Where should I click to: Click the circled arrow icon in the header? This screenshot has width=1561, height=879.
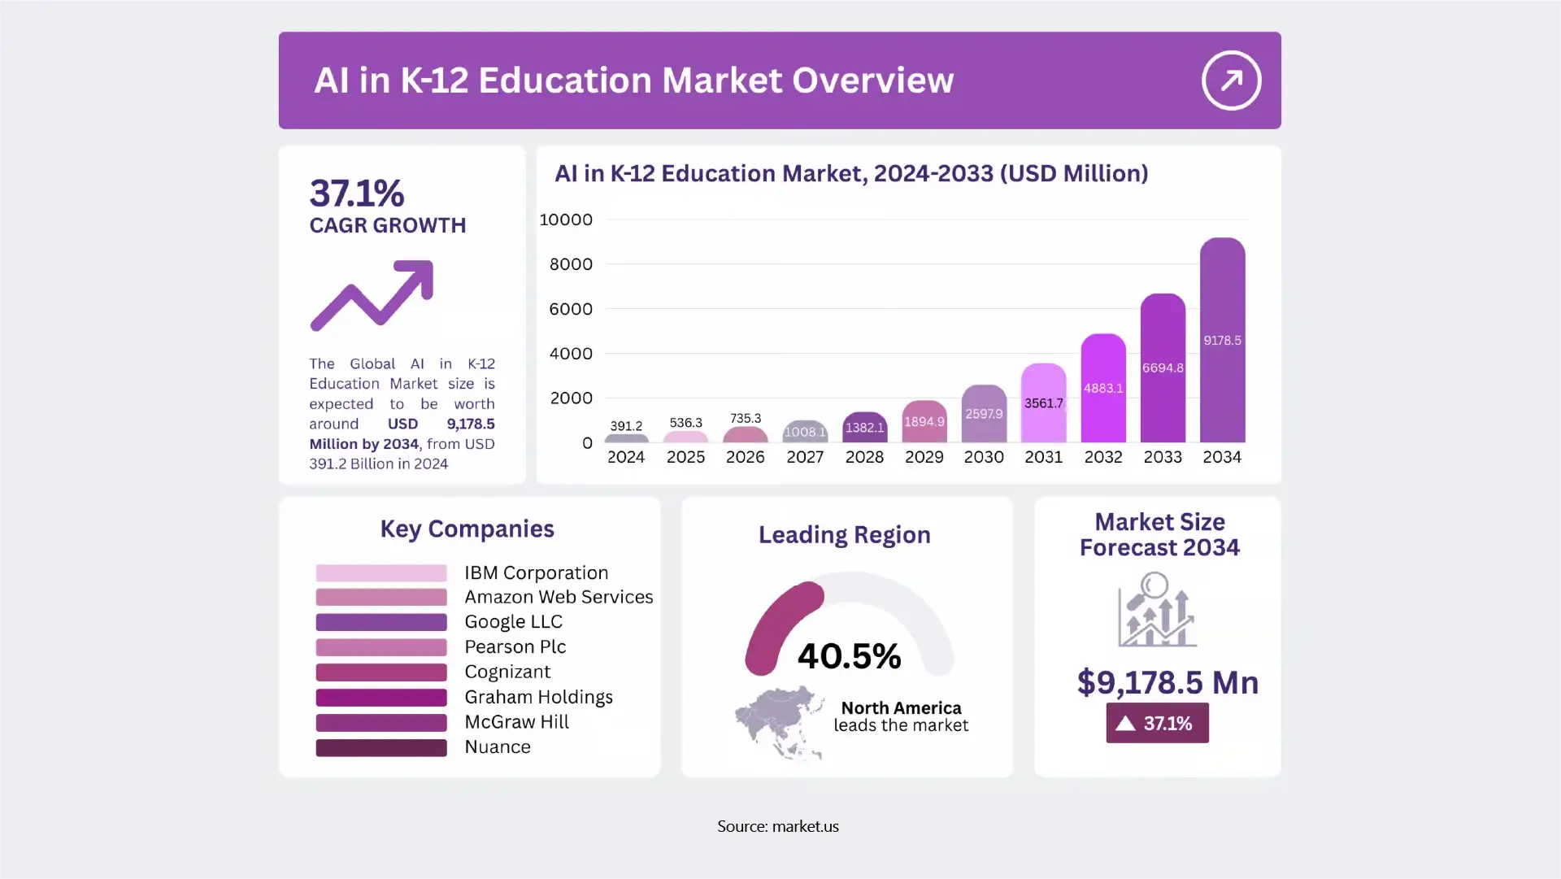1231,81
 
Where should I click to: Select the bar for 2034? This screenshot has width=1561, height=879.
1222,342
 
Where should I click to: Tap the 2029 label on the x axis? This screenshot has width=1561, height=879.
924,457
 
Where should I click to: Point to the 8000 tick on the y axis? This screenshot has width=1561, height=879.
571,264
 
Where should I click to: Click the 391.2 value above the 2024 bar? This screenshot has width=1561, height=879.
626,426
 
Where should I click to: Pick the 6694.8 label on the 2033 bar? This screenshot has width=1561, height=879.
1163,368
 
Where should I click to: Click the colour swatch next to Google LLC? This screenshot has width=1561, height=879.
381,622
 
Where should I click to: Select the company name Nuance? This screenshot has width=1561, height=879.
498,747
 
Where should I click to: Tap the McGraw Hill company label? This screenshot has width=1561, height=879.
516,722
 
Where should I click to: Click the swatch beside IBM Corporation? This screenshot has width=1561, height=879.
381,573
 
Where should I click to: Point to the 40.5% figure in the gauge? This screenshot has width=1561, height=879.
849,656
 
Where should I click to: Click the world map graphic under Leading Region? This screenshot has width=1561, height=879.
779,722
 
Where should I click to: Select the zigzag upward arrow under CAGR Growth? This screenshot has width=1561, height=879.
372,295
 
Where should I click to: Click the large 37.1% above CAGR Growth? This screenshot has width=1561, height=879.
356,194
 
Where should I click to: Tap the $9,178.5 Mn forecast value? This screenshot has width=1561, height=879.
1167,682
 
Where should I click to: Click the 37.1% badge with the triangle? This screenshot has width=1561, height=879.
1157,723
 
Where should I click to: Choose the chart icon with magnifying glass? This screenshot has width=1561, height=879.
1156,610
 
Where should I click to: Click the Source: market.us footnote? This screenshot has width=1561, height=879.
778,826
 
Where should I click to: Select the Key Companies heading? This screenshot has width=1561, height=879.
467,529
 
